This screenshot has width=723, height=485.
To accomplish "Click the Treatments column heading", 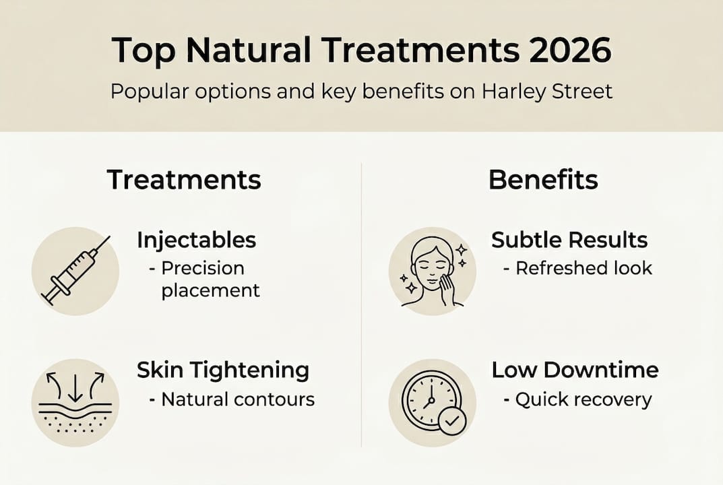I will (184, 180).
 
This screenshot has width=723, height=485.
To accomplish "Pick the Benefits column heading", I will (542, 180).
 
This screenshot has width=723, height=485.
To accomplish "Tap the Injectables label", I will (196, 240).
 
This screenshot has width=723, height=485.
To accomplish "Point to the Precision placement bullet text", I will (205, 279).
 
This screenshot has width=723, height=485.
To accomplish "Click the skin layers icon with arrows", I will (75, 401).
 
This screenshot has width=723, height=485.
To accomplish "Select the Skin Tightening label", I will (223, 370).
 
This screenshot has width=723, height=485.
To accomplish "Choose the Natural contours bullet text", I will (237, 399).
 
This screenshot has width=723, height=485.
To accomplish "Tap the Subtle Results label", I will (569, 240).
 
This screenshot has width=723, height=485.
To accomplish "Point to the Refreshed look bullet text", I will (584, 268).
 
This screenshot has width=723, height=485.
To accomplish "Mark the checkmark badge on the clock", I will (451, 422).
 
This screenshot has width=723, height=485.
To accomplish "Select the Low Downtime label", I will (575, 370).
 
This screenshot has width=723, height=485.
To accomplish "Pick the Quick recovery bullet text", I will (583, 399).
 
